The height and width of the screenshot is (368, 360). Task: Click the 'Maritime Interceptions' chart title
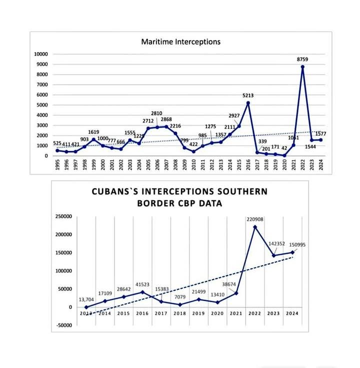point(180,42)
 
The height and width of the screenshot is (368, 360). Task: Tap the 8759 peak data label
point(302,60)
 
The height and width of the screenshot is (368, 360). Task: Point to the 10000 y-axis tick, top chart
point(41,54)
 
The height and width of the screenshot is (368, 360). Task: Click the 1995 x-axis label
point(57,165)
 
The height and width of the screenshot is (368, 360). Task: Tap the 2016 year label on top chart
point(248,165)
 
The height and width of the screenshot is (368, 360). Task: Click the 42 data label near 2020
point(284,148)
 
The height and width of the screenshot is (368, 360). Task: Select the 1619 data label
point(93,132)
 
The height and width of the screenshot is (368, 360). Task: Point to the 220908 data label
point(254,219)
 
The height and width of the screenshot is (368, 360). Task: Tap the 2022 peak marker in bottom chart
point(254,227)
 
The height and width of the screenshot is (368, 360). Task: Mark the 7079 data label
point(180,297)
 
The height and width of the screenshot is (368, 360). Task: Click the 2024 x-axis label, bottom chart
point(292,313)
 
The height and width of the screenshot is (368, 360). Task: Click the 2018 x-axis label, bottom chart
point(180,313)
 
